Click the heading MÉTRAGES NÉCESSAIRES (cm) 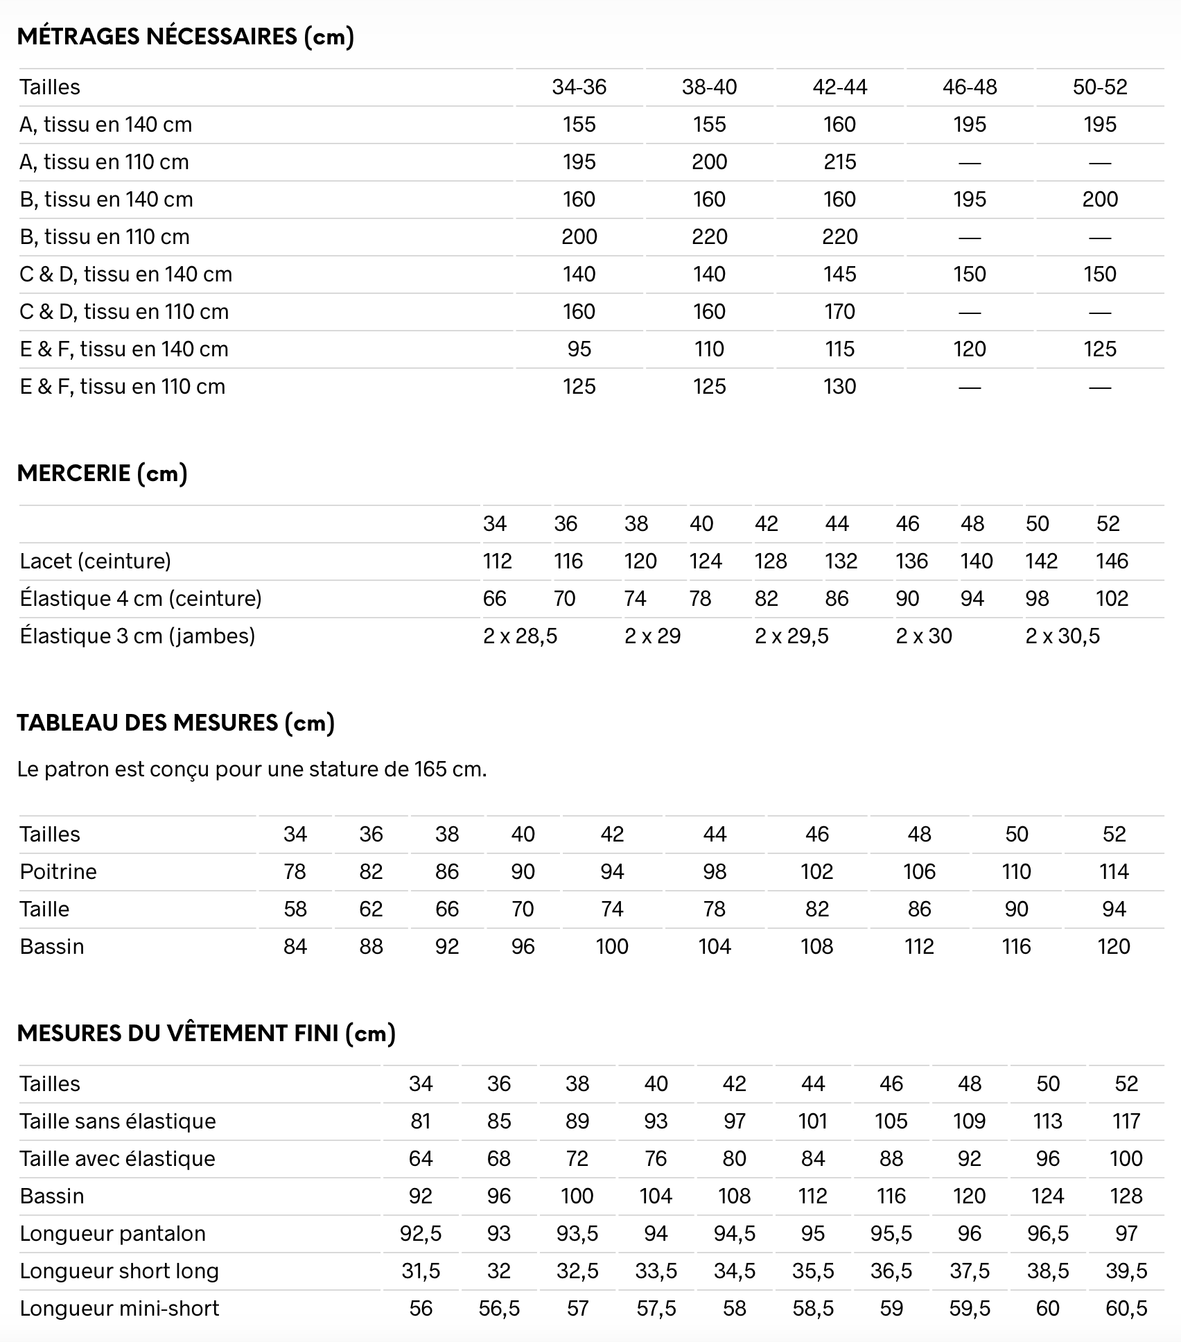tap(185, 36)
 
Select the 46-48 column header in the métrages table tap(970, 87)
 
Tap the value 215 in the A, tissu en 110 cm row tap(839, 162)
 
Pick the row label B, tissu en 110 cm tap(105, 236)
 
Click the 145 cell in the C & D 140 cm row tap(839, 274)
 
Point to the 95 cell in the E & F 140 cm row tap(579, 349)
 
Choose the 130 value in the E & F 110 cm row tap(839, 386)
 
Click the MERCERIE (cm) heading tap(102, 473)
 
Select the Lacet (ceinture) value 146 tap(1112, 561)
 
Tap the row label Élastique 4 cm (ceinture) tap(141, 598)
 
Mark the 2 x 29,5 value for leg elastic tap(791, 636)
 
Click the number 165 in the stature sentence tap(430, 769)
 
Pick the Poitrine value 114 tap(1113, 871)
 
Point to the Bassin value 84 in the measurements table tap(295, 946)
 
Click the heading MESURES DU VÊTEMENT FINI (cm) tap(206, 1033)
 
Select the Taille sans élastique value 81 tap(420, 1121)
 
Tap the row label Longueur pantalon tap(113, 1233)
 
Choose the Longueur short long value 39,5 tap(1126, 1271)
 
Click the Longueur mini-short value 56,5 tap(499, 1308)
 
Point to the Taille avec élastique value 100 tap(1126, 1158)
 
